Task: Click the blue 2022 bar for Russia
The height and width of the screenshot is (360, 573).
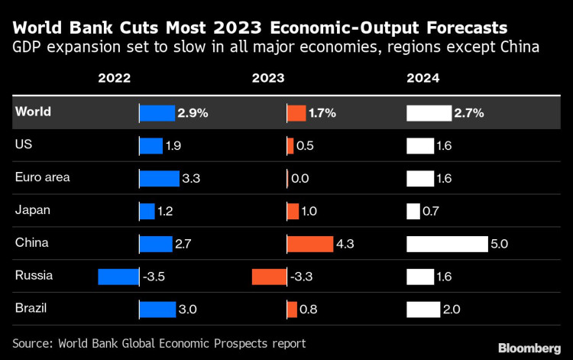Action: pos(118,276)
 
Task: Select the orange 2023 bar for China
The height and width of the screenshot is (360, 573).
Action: pos(310,244)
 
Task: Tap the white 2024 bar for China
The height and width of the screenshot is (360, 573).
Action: pos(447,244)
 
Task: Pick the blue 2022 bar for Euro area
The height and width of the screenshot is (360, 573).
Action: pos(159,178)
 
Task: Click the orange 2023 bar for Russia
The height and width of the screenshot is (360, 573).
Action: pos(270,276)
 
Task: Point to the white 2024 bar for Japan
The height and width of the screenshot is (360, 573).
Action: pos(413,211)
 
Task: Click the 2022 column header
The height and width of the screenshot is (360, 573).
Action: pos(115,78)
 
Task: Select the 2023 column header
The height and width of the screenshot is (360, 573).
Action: pos(268,78)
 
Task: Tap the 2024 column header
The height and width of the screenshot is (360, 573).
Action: pos(423,78)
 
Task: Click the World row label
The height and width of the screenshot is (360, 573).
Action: pos(34,112)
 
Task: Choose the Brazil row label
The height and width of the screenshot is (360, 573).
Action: pos(31,309)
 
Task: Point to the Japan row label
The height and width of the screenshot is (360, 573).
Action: pos(32,210)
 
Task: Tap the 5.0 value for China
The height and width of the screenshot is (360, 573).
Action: pos(500,245)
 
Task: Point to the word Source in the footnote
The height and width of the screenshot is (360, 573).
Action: pos(34,342)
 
